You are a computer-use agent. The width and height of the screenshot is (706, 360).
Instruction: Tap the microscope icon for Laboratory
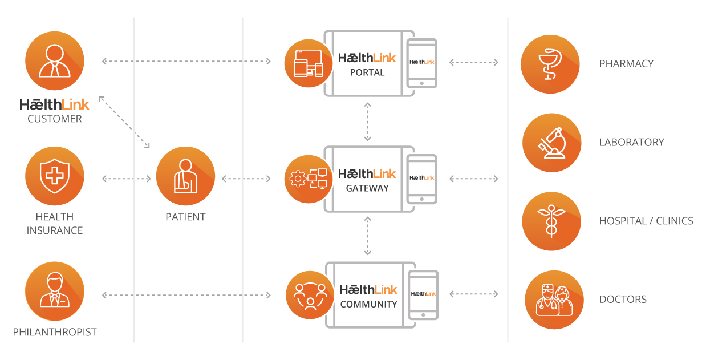point(551,142)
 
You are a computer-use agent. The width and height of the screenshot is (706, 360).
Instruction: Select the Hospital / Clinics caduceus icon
point(551,221)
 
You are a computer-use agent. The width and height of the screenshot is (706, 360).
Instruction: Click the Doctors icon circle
point(554,300)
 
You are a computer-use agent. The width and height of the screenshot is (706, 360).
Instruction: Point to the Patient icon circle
point(185,176)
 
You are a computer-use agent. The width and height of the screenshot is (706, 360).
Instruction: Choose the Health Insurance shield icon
point(55,176)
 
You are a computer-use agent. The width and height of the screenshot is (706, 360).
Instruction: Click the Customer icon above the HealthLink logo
point(55,61)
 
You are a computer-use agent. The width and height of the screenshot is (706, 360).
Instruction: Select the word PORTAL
point(367,72)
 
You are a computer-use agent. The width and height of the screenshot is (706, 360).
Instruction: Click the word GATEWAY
point(367,188)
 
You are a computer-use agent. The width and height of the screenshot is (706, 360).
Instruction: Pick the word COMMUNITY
point(368,304)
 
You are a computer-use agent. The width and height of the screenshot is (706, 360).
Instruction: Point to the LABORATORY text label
point(631,142)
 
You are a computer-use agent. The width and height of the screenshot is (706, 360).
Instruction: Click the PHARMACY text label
point(626,63)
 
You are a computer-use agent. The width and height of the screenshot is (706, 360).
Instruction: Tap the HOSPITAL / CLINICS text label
point(646,221)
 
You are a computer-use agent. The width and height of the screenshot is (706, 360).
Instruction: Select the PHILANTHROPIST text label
point(55,332)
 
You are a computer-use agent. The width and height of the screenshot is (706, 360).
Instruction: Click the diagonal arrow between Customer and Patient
point(124,122)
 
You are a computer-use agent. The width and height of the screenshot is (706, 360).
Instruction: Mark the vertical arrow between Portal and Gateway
point(368,122)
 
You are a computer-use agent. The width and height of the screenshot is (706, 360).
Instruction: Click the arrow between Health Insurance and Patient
point(127,179)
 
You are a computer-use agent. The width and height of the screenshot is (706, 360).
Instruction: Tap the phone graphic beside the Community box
point(424,294)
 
